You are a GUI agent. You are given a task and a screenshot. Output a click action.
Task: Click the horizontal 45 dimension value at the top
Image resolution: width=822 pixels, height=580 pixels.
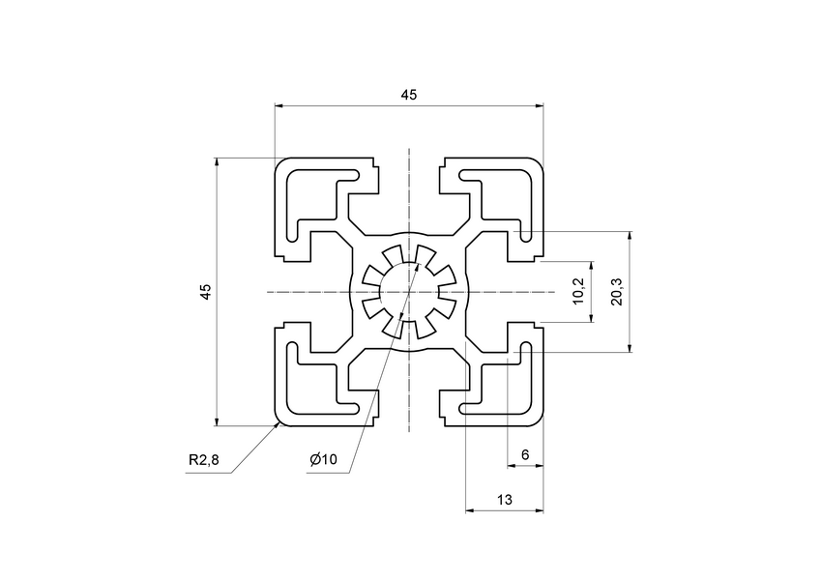click(408, 94)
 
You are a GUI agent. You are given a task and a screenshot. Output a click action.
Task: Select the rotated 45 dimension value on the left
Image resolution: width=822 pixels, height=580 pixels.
click(205, 292)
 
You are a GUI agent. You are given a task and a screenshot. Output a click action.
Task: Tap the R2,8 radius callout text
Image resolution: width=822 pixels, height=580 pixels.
click(204, 460)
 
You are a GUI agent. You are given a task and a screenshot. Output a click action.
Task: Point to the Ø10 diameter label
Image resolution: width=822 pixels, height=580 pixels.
click(324, 460)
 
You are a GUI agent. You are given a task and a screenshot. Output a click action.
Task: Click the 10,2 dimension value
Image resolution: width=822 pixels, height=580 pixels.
click(578, 292)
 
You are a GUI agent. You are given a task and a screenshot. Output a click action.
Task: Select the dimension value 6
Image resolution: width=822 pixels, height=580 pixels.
click(525, 454)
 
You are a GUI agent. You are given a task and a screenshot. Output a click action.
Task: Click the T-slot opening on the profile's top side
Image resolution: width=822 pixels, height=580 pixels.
click(408, 179)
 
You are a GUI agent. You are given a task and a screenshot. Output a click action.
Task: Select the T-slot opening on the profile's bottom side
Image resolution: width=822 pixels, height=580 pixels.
click(408, 406)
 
